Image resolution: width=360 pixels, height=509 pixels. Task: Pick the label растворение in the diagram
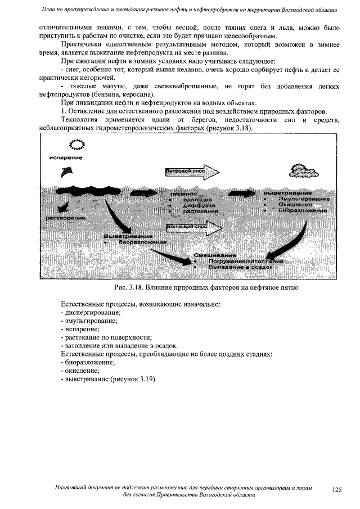(66, 217)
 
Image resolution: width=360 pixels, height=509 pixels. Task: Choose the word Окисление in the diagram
(295, 205)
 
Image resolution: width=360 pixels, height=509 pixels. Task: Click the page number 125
(336, 490)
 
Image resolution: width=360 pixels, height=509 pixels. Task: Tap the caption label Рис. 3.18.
(130, 288)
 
